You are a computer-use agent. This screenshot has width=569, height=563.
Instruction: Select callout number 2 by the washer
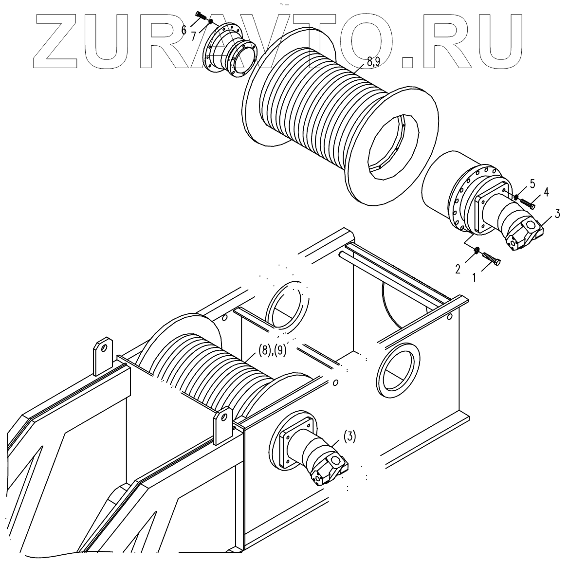click(x=458, y=269)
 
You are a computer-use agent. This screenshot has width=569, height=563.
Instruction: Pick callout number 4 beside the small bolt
click(x=547, y=192)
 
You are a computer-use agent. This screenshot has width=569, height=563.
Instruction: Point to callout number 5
click(x=532, y=184)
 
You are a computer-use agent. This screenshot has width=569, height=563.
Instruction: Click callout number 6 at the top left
click(x=184, y=30)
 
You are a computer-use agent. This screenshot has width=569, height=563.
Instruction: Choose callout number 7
click(x=194, y=36)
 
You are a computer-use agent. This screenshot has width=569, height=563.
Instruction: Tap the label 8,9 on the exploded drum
click(x=374, y=61)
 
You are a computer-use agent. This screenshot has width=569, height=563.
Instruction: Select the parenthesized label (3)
click(x=349, y=436)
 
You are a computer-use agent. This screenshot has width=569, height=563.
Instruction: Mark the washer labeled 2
click(x=477, y=251)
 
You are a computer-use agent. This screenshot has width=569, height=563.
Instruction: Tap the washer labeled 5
click(x=515, y=196)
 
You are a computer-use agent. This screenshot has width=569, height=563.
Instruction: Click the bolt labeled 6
click(x=201, y=16)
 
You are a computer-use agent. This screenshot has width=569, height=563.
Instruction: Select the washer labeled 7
click(x=209, y=21)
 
